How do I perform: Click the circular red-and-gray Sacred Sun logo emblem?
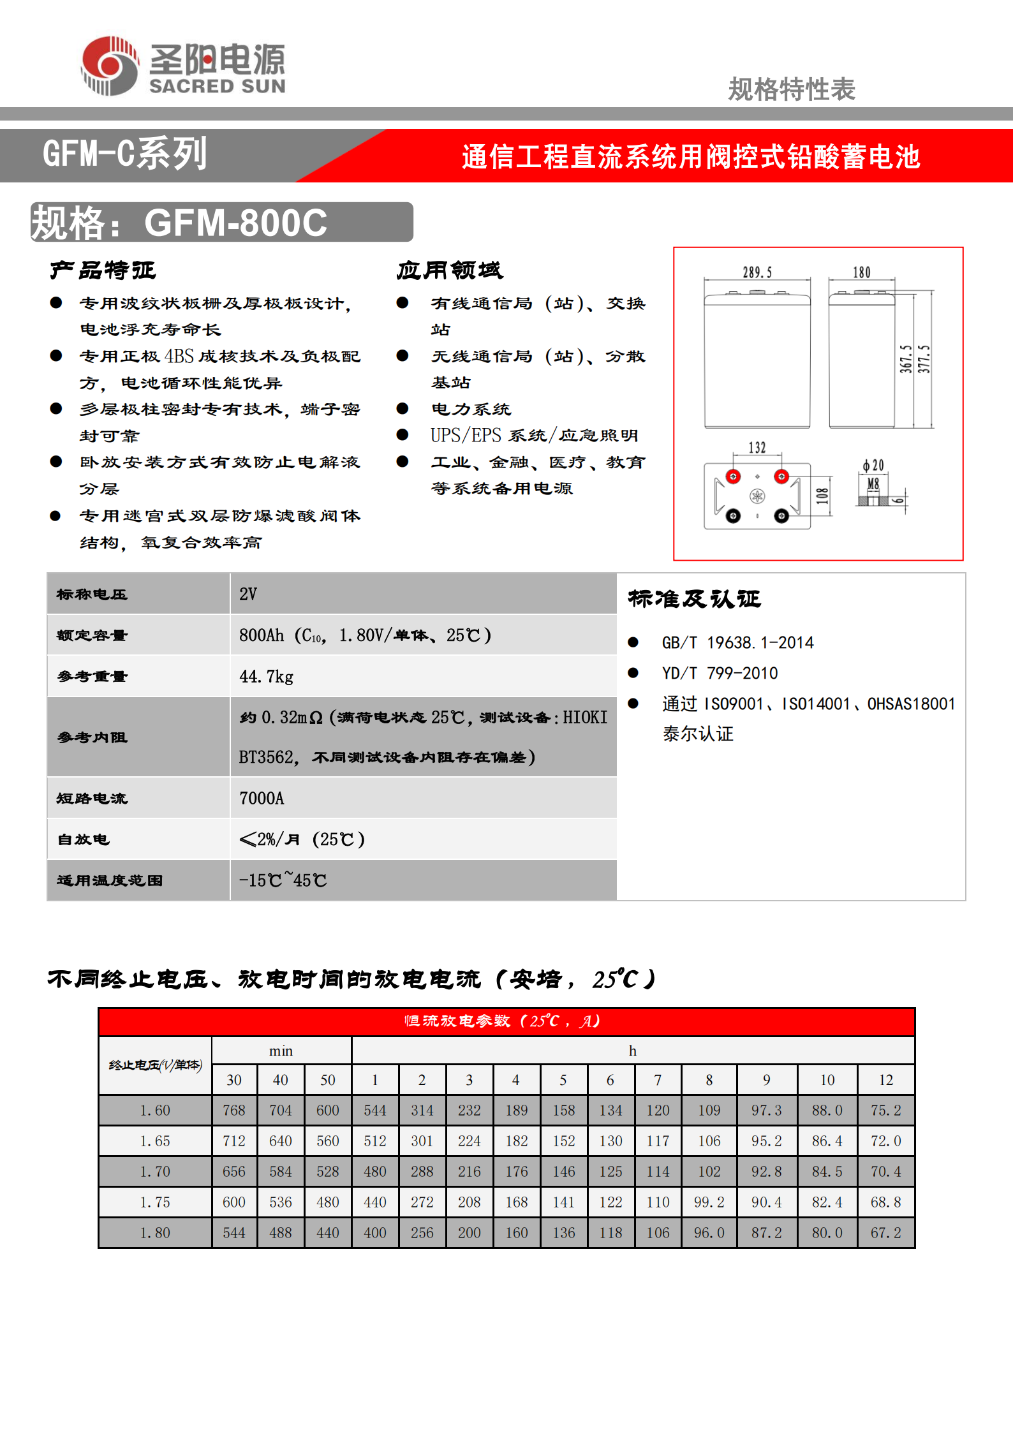pos(110,66)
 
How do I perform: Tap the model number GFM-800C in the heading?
pos(235,223)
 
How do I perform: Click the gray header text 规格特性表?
pos(791,89)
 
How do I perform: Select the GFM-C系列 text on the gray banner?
pos(125,154)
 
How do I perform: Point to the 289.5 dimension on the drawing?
pos(757,272)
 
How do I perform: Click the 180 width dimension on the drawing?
pos(862,272)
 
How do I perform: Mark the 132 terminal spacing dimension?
pos(757,448)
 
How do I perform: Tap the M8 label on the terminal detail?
pos(873,484)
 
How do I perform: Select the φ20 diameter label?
pos(873,466)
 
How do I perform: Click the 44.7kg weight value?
pos(267,676)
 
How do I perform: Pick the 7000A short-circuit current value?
pos(262,798)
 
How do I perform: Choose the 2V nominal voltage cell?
pos(248,594)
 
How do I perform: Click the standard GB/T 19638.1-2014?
pos(737,642)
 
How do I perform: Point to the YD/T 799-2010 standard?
pos(720,673)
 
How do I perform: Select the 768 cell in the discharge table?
pos(234,1111)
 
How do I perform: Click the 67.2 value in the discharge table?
pos(886,1233)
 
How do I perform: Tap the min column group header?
pos(281,1051)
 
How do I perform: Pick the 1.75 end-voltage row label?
pos(155,1202)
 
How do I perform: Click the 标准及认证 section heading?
pos(694,599)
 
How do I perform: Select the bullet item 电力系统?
pos(471,409)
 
